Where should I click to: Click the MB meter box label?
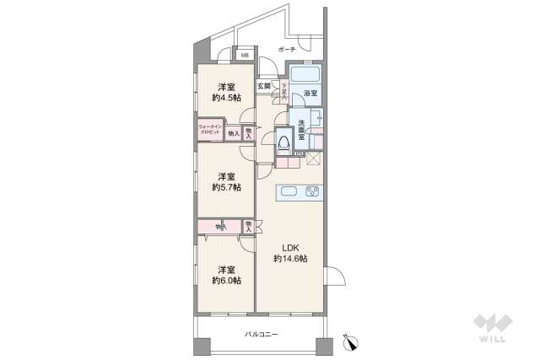245,56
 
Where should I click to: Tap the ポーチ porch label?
285,50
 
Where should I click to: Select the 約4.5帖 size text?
225,99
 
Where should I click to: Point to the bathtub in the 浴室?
303,73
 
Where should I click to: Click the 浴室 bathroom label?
311,92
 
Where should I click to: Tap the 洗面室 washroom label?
301,133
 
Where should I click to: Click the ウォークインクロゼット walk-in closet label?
210,131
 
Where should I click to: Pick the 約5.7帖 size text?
225,187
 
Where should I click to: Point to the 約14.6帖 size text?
290,260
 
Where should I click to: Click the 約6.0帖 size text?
225,280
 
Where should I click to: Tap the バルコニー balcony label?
262,334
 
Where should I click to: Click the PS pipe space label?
300,153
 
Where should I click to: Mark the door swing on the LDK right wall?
333,277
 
